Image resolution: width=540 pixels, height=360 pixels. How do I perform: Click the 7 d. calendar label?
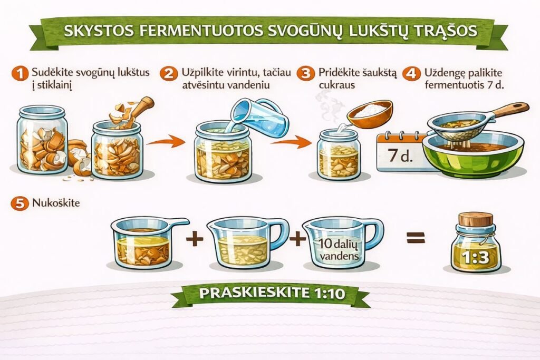point(400,156)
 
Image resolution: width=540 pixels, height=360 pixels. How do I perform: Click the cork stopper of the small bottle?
point(475,219)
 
